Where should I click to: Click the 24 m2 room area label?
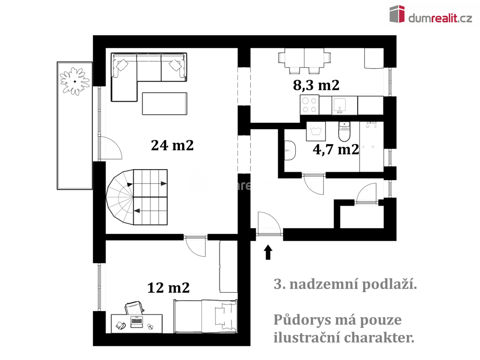click(x=172, y=145)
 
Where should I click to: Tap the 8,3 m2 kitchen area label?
click(x=316, y=85)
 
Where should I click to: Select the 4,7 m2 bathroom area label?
click(x=336, y=150)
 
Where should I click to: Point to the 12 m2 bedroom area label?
click(x=168, y=288)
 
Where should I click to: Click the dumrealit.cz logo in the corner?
click(x=431, y=14)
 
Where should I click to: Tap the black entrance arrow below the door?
click(x=268, y=252)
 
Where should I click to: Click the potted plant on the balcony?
click(x=75, y=81)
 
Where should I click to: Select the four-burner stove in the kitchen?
click(x=310, y=105)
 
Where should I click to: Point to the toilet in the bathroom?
click(x=344, y=132)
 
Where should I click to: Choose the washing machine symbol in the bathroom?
click(x=316, y=131)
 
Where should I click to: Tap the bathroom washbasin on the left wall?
click(x=290, y=150)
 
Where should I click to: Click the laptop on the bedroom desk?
click(x=137, y=322)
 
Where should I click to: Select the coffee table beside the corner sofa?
click(x=164, y=104)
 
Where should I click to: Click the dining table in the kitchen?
click(x=304, y=58)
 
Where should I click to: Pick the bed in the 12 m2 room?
click(x=205, y=316)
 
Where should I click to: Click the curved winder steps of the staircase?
click(x=120, y=197)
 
